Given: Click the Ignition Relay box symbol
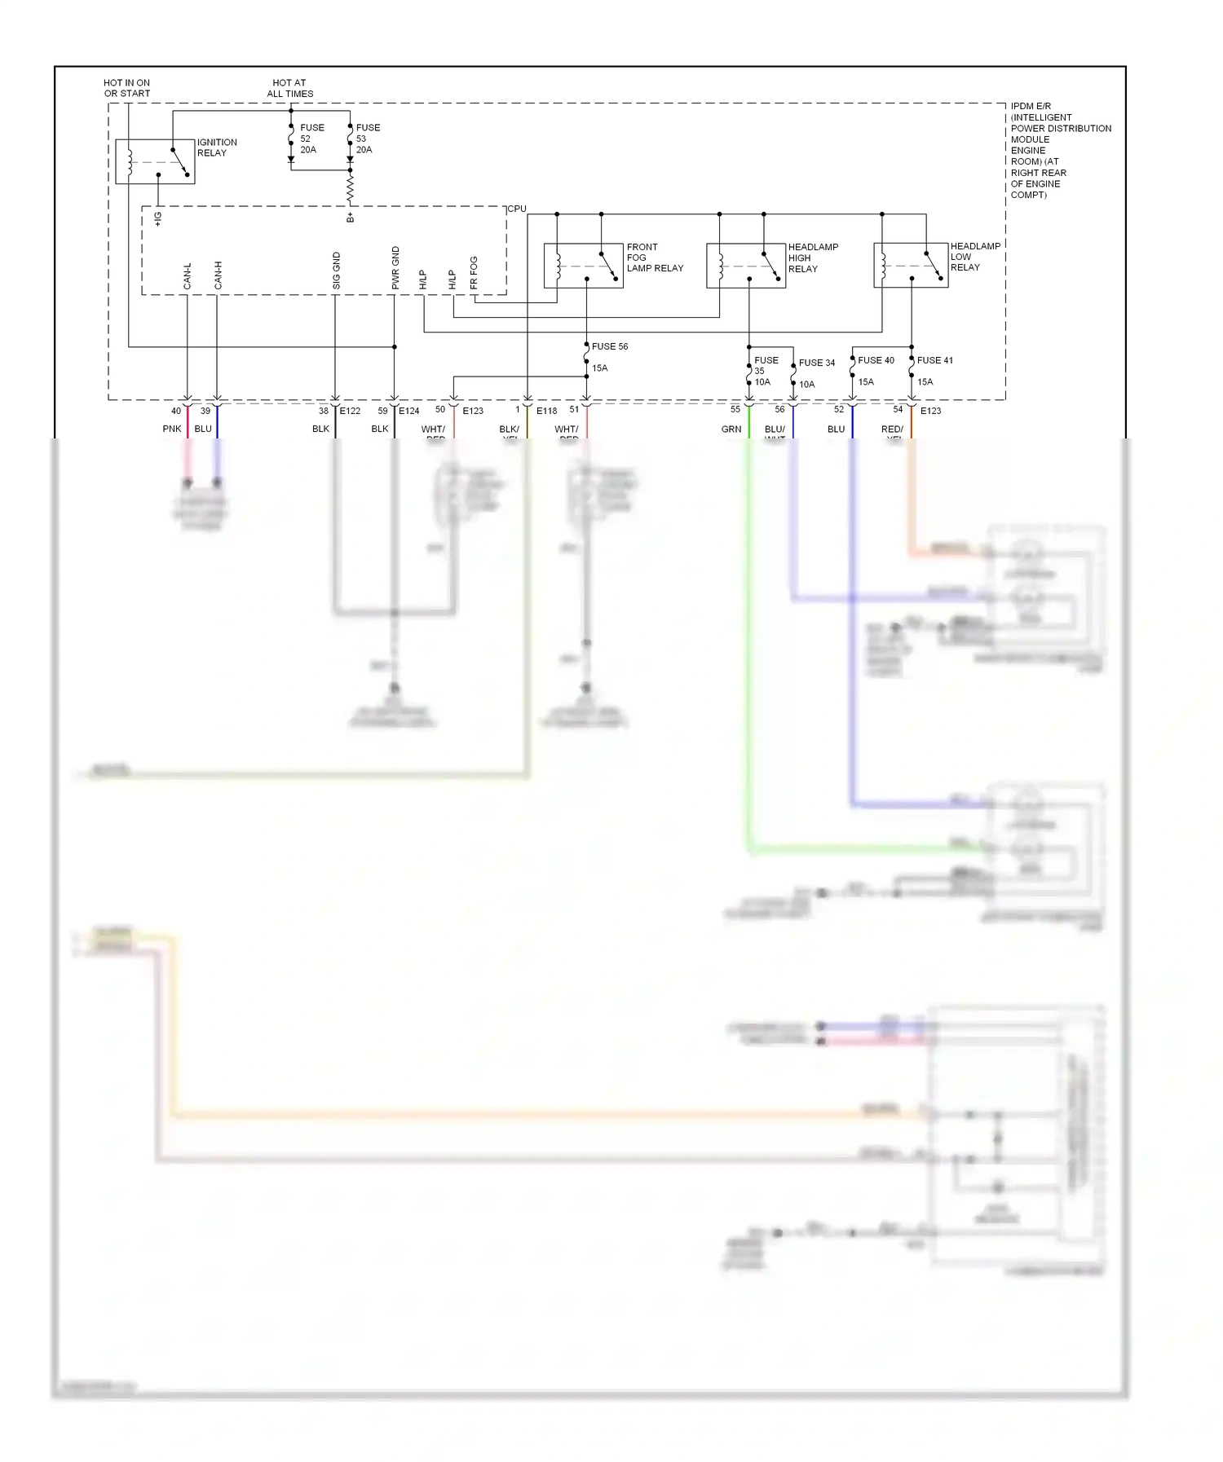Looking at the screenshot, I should pyautogui.click(x=155, y=161).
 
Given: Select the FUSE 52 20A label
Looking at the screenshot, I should pyautogui.click(x=311, y=139).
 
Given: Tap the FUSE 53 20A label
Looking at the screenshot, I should pyautogui.click(x=367, y=139).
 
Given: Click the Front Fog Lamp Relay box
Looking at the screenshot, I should pyautogui.click(x=583, y=266).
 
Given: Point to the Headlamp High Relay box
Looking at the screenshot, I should pyautogui.click(x=745, y=266).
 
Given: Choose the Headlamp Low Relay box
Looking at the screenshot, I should pyautogui.click(x=910, y=266).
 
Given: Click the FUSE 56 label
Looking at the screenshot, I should pyautogui.click(x=609, y=346).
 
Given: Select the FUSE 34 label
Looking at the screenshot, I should pyautogui.click(x=816, y=363).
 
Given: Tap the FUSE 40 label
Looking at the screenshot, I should pyautogui.click(x=876, y=360).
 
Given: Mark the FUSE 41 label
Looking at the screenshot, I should pyautogui.click(x=934, y=360).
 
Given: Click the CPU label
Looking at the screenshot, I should pyautogui.click(x=517, y=209).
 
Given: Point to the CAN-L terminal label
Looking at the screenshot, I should pyautogui.click(x=188, y=275).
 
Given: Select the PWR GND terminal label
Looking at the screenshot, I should pyautogui.click(x=395, y=267).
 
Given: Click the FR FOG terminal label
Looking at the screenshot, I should pyautogui.click(x=474, y=272).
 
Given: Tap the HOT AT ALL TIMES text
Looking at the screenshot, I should pyautogui.click(x=289, y=88).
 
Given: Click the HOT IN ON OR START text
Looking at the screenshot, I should pyautogui.click(x=126, y=88).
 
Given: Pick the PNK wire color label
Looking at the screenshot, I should pyautogui.click(x=171, y=429).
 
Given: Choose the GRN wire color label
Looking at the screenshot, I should pyautogui.click(x=731, y=429).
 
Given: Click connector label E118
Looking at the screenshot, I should pyautogui.click(x=546, y=411).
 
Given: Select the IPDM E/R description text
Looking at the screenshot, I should pyautogui.click(x=1059, y=151).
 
